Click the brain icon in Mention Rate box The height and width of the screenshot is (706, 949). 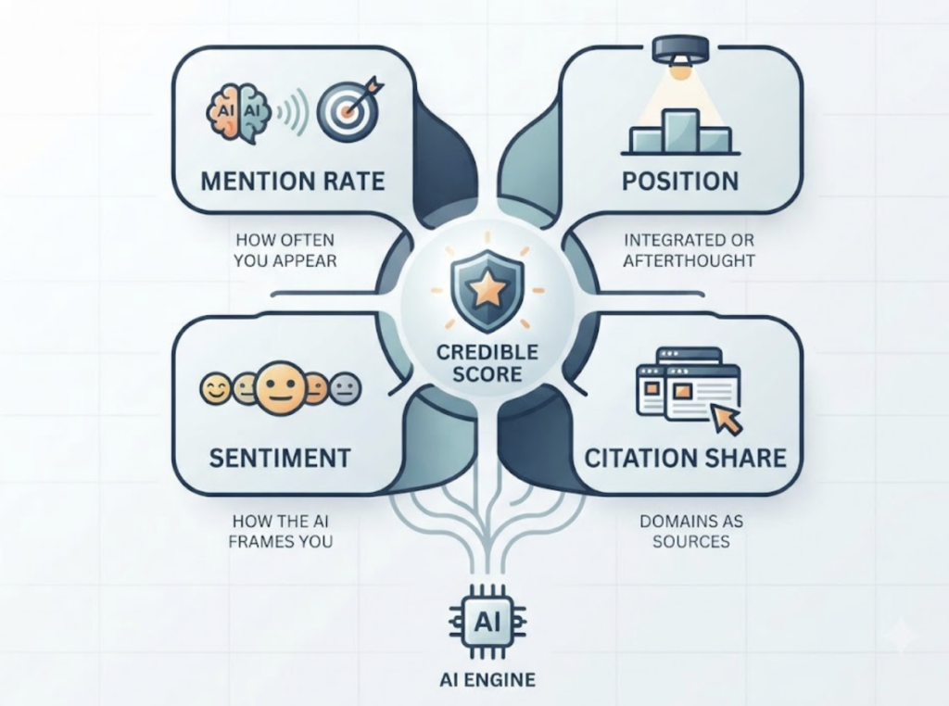[238, 113]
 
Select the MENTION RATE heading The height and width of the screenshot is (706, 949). [293, 181]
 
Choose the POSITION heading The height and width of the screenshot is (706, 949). [681, 181]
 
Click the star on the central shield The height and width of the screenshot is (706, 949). [486, 289]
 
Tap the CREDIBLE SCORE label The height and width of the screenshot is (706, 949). [487, 362]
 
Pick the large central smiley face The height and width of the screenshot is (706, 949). [280, 388]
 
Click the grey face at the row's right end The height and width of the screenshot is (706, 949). [346, 389]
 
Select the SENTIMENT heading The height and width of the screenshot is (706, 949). [280, 458]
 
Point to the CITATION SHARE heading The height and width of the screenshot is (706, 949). [686, 458]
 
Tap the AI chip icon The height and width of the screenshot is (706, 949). [487, 622]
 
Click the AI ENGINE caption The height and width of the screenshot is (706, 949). [487, 679]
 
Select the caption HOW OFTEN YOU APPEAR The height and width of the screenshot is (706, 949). [285, 250]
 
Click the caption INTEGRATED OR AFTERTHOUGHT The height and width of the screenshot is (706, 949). [690, 250]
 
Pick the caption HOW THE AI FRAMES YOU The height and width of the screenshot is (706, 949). [281, 531]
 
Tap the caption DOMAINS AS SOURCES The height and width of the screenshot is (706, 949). [691, 531]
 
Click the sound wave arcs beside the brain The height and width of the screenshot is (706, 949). [293, 113]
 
